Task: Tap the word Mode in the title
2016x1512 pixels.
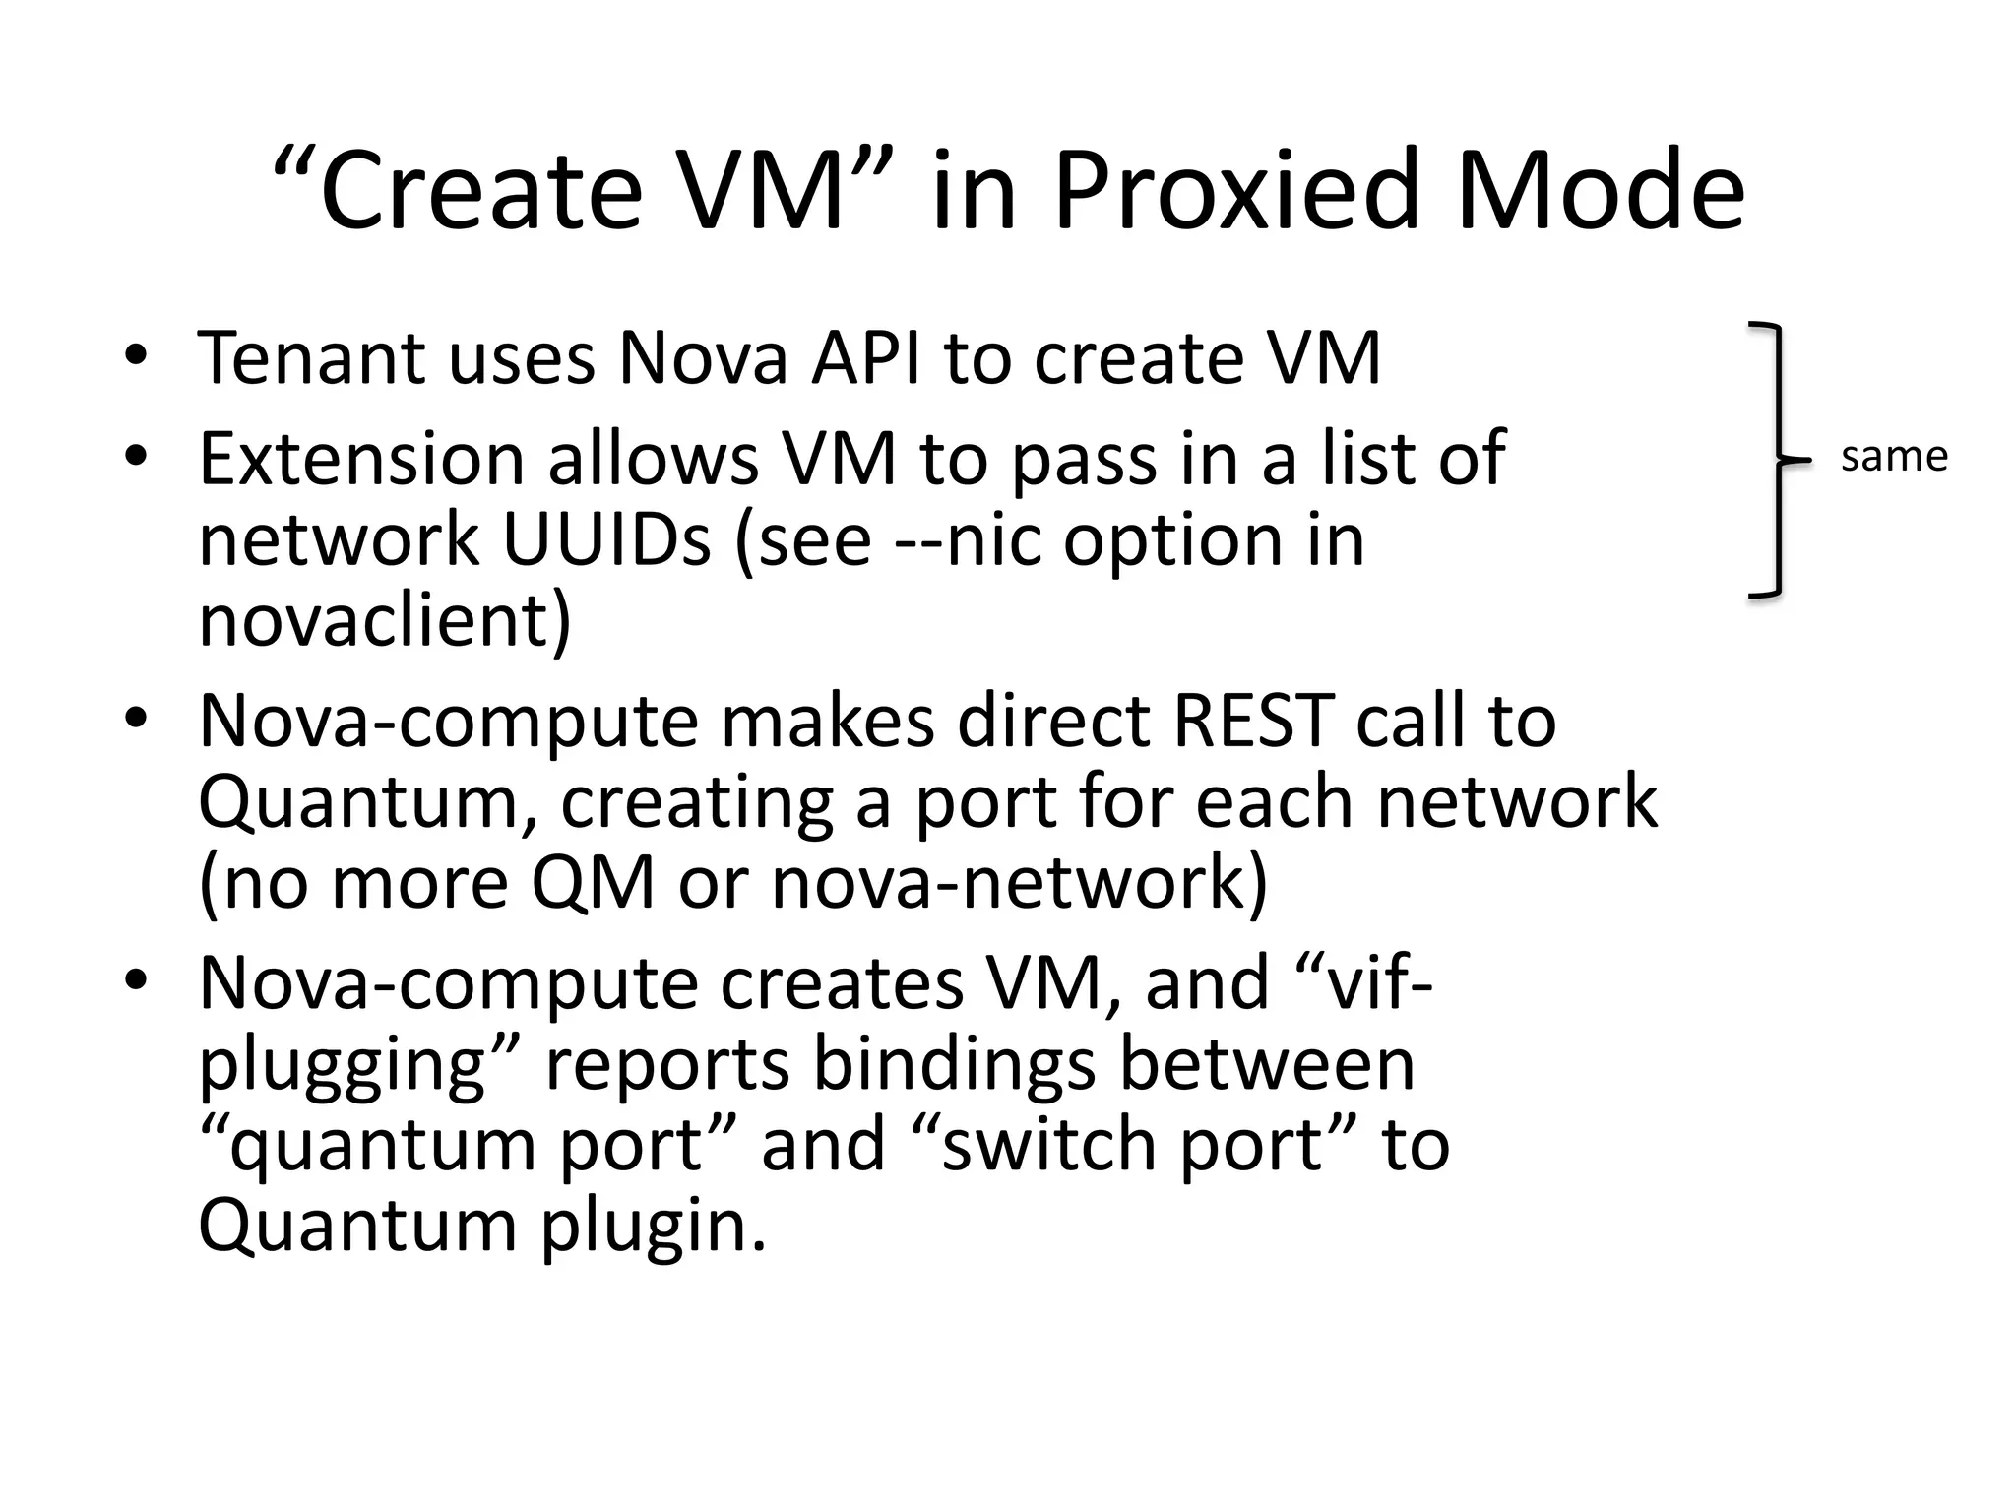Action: pos(1600,190)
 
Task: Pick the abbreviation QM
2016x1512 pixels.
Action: pos(593,882)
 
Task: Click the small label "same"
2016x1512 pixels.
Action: pos(1894,457)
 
